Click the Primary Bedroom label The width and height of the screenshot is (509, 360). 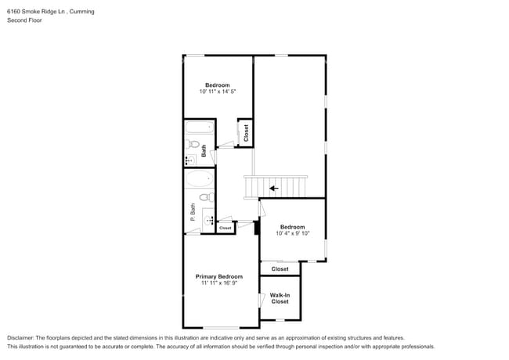(x=218, y=276)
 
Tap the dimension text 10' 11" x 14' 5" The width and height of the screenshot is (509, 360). (x=217, y=92)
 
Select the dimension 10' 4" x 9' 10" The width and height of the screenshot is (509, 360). (x=293, y=233)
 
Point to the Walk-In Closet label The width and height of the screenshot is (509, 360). (x=280, y=298)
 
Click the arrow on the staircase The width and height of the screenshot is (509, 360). (x=273, y=188)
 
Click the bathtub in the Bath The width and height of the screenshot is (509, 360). (x=200, y=128)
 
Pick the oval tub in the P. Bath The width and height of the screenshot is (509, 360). (x=200, y=178)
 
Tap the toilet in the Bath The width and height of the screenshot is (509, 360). (x=192, y=144)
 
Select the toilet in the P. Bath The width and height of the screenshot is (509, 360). (x=207, y=197)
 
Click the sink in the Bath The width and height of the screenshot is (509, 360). (x=190, y=160)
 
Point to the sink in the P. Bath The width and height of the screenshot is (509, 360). (x=208, y=221)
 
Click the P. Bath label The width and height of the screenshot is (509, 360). (x=193, y=212)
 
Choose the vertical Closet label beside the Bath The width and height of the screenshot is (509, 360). (x=246, y=133)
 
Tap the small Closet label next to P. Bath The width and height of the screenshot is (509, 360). (x=226, y=228)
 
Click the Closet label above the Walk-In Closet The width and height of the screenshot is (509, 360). (x=280, y=269)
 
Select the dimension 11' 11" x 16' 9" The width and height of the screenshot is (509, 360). (x=219, y=283)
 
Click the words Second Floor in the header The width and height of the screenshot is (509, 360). (x=24, y=20)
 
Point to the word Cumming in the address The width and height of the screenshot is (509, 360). (x=81, y=12)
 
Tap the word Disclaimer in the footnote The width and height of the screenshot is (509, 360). (x=20, y=338)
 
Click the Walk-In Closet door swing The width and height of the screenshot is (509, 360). (x=262, y=301)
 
